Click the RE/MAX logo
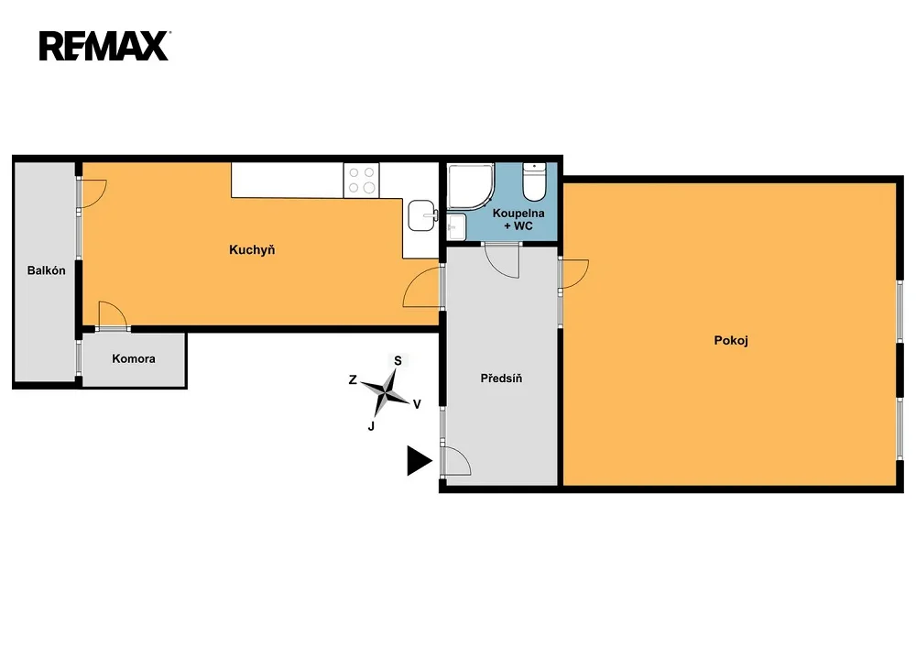[x=104, y=46]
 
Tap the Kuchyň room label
[x=252, y=250]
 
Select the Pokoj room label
[x=731, y=341]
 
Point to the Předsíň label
[x=501, y=379]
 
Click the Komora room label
[x=134, y=358]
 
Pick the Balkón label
[x=46, y=270]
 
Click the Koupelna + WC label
[x=518, y=220]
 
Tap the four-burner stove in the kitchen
[x=362, y=180]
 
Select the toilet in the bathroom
[x=534, y=181]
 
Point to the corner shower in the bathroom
[x=470, y=186]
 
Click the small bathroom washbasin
[x=456, y=226]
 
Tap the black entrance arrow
[x=419, y=461]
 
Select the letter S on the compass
[x=398, y=361]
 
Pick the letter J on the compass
[x=371, y=426]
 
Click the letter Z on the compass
[x=353, y=379]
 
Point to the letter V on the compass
[x=417, y=404]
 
